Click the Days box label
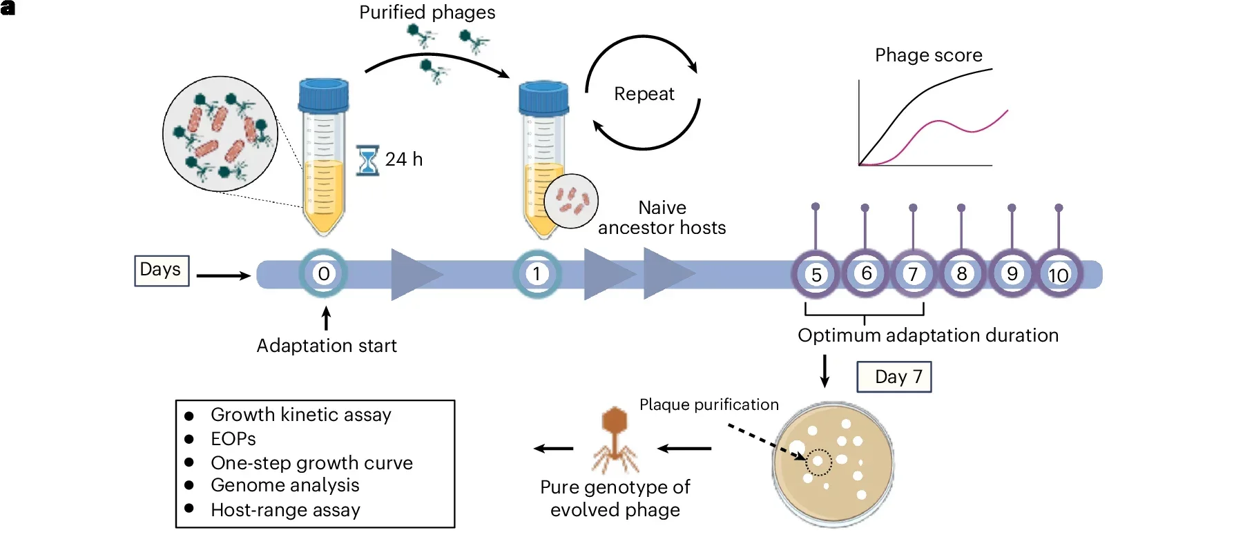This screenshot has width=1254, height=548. coord(161,270)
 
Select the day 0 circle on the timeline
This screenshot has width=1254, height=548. coord(323,274)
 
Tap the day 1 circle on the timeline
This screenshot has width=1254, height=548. coord(537,274)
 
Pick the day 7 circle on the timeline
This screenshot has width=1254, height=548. coord(913,274)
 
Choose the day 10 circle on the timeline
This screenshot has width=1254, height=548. coord(1059,275)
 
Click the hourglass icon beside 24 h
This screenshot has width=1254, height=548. coord(367,159)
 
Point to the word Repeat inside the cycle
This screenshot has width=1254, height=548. coord(644,94)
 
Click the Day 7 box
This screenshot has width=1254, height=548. coord(894,377)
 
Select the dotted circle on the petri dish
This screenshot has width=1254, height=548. coord(818,462)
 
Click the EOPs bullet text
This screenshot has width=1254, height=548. coord(233,439)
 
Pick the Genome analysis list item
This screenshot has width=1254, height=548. coord(284,485)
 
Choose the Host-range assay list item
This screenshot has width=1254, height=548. coord(285,510)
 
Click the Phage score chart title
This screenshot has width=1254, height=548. coord(928,55)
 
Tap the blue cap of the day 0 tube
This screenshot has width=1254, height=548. coord(323,95)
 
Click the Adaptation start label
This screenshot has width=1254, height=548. coord(327,346)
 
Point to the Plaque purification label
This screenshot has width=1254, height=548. coord(708,404)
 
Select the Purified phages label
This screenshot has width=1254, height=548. coord(427,12)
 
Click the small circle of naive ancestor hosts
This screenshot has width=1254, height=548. coord(571,201)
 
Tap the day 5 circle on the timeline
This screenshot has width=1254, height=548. coord(816,275)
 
